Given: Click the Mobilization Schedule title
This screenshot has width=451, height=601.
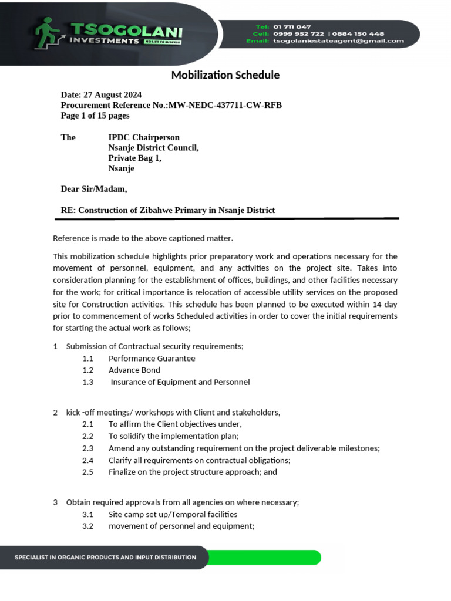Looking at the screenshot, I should click(x=225, y=75).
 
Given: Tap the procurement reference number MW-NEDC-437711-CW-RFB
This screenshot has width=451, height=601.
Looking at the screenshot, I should click(x=225, y=106).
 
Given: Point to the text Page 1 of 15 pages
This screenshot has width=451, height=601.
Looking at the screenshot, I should click(x=95, y=116).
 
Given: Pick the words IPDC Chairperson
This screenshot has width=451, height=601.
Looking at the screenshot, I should click(x=144, y=137).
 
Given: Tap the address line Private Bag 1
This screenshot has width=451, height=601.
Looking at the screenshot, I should click(x=134, y=158).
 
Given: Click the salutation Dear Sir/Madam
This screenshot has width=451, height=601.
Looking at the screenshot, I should click(x=94, y=189).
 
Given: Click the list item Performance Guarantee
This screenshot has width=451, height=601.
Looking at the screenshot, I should click(x=152, y=358).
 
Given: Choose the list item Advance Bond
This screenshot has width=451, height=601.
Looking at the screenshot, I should click(x=134, y=370).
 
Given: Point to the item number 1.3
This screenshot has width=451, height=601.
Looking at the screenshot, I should click(x=88, y=382).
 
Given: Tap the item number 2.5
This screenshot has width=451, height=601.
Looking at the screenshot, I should click(x=88, y=472).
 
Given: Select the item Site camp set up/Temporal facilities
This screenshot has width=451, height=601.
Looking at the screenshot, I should click(x=173, y=514).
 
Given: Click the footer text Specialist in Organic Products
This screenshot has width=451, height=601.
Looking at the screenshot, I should click(x=105, y=557).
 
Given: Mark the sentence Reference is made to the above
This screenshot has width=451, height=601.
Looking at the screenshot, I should click(x=143, y=238).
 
